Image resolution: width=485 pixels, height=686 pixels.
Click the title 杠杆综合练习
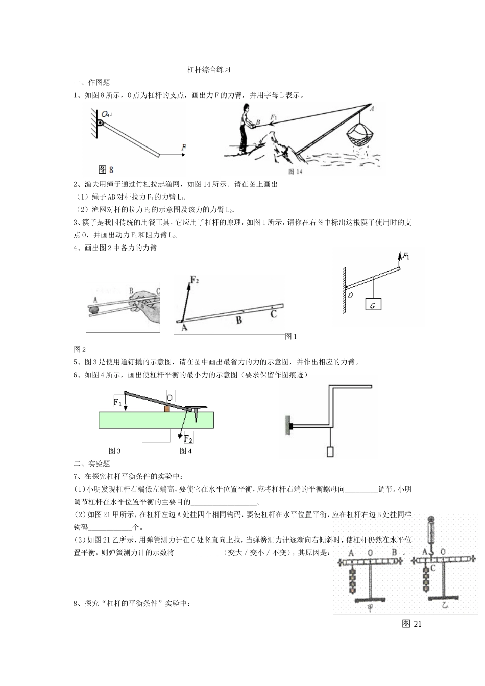(x=209, y=70)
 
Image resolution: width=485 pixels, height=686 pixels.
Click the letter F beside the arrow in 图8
(x=183, y=148)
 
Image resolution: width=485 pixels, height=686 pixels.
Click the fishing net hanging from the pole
(x=360, y=135)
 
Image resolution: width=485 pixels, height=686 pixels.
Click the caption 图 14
(x=296, y=171)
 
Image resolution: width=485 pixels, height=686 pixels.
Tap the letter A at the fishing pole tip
(x=371, y=108)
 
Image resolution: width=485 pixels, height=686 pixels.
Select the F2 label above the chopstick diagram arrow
(x=195, y=280)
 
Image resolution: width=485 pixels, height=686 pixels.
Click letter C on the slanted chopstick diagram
(x=274, y=314)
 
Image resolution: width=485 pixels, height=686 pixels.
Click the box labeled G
(x=373, y=305)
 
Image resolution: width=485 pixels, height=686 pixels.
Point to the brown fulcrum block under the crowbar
(x=166, y=409)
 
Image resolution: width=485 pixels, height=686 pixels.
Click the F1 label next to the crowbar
(x=117, y=402)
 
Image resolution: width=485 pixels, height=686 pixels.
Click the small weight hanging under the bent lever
(x=330, y=452)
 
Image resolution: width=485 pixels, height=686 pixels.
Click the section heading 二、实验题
(x=92, y=463)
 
